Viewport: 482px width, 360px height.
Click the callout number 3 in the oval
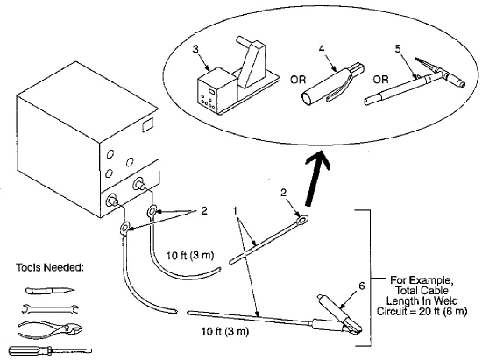195,49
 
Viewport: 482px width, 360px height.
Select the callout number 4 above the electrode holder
322,49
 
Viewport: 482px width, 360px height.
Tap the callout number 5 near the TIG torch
398,49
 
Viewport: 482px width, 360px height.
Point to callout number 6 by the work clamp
362,286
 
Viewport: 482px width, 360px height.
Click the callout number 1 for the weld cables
236,211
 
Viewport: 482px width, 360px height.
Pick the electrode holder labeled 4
332,83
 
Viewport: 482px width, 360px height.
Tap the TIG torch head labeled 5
440,73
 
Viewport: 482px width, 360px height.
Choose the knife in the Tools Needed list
50,290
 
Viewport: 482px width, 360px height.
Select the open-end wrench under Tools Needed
50,309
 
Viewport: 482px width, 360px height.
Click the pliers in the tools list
50,329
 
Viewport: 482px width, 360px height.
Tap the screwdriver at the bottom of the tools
50,350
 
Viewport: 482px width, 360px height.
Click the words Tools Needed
49,267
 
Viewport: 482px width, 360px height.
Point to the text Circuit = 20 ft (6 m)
422,311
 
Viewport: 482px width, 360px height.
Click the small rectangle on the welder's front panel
148,125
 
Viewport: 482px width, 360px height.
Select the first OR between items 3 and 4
298,80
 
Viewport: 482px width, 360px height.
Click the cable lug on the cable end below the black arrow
301,220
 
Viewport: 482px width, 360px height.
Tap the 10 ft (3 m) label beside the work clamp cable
225,331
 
